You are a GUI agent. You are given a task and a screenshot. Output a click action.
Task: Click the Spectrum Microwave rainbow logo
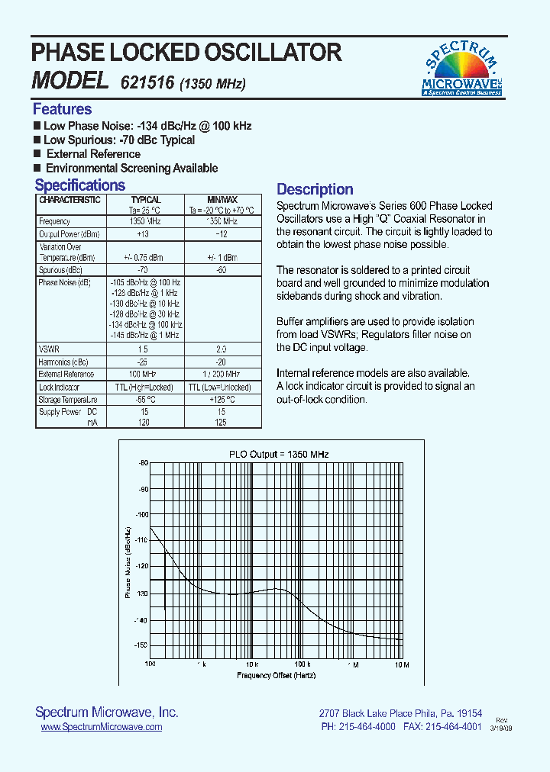pos(461,69)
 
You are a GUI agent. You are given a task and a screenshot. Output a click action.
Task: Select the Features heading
pos(62,109)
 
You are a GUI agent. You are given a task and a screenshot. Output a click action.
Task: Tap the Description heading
pos(315,190)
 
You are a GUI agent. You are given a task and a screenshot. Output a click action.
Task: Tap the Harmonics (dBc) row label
pos(63,362)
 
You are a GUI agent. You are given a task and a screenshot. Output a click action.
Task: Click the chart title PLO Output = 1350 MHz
pos(279,454)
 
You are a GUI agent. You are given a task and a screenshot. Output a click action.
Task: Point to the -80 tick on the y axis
pos(143,463)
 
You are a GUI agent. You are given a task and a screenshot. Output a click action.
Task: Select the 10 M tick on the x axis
pos(401,665)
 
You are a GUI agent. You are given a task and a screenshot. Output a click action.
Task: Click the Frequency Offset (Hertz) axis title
pos(276,676)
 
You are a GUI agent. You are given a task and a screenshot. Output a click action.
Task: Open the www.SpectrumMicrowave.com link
pos(101,727)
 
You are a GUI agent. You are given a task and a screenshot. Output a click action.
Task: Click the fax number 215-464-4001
pos(451,727)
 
